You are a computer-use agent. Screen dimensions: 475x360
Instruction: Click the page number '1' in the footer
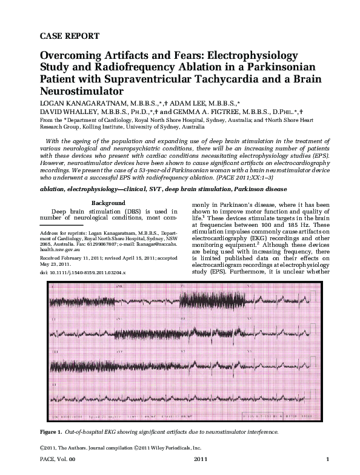pyautogui.click(x=327, y=465)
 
